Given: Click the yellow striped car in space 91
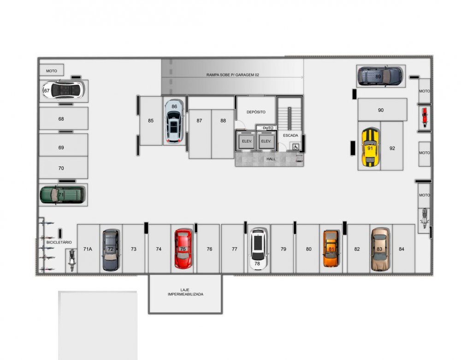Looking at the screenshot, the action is coord(370,147).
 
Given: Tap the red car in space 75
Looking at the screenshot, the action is coord(183,249).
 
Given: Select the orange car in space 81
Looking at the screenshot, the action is coord(331,248).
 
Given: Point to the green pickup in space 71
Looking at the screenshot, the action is coord(63,195).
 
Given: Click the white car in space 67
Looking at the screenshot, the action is coord(63,90).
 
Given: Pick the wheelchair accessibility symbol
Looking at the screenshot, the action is coord(295,147).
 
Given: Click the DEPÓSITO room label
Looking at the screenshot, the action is coord(256,112).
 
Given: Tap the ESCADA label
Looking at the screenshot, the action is coord(290,136).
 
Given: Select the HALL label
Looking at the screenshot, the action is coord(271,159).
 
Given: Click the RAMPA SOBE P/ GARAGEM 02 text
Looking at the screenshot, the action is coord(232,75).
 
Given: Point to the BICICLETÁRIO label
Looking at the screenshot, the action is coord(59,242).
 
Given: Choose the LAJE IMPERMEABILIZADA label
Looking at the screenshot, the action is coord(185,292).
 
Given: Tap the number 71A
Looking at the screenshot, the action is coord(88,249).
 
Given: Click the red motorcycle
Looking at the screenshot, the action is coord(424,117).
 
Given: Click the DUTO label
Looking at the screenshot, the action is coord(268,128).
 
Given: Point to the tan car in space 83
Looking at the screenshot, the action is coord(380,249).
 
